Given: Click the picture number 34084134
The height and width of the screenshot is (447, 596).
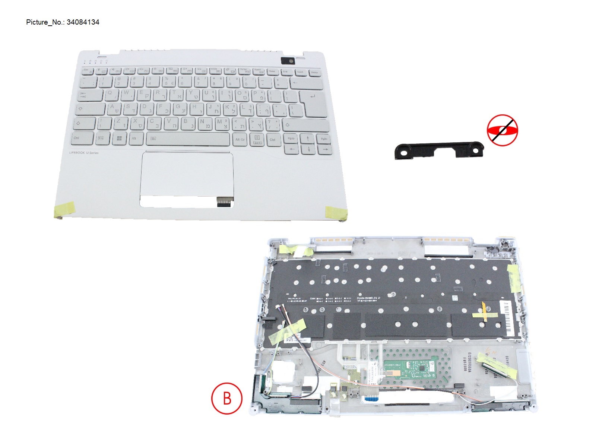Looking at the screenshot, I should tap(83, 22).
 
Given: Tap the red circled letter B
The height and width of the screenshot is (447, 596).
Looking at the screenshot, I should tap(227, 398).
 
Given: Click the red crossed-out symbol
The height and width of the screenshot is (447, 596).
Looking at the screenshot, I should tap(502, 130).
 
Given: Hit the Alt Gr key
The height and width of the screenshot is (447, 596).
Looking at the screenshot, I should tap(240, 139).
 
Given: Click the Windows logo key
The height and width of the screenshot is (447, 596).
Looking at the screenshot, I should tap(119, 139).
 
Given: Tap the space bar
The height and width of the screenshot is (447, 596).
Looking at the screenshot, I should tap(188, 139).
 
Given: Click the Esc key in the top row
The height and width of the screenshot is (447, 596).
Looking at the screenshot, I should tap(87, 71).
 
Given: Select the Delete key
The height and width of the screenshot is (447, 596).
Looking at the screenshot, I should tap(314, 72).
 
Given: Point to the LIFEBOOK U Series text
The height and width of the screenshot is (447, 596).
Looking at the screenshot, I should tap(84, 153).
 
